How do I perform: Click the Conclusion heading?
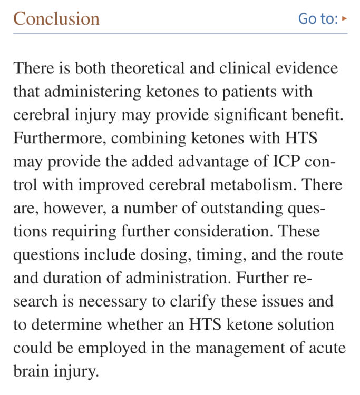(x=56, y=19)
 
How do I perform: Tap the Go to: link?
(x=318, y=19)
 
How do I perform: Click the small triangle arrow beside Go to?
(x=345, y=19)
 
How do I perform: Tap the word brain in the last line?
(x=31, y=372)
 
